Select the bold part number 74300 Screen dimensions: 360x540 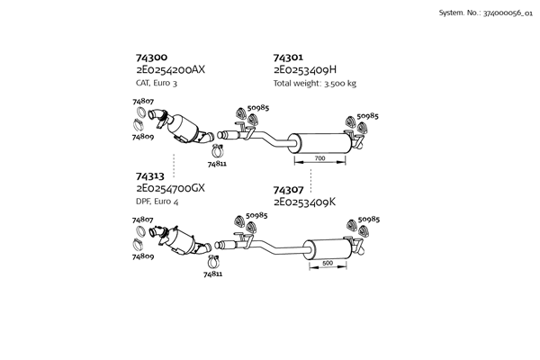151,57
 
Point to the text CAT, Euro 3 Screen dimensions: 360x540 157,83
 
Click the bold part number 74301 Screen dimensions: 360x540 288,57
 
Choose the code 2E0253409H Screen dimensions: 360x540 305,69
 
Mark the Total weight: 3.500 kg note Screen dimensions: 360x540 314,83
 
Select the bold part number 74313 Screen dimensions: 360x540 150,176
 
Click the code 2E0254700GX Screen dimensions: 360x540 171,189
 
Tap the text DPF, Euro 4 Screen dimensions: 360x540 157,202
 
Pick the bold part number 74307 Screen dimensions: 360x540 288,190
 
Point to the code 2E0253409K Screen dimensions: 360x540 304,202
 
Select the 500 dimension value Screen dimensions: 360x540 328,263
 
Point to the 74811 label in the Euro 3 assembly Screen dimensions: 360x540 217,165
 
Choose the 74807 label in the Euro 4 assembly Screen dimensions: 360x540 142,220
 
